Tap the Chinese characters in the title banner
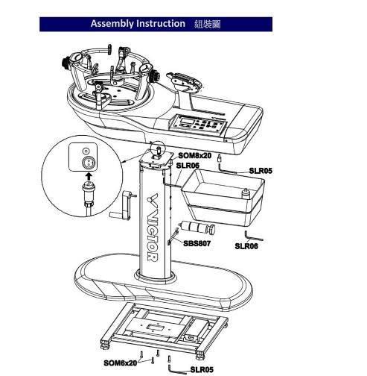pos(208,24)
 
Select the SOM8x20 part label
pos(195,156)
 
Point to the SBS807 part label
pos(197,243)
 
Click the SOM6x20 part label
pos(120,363)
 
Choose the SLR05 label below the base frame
pos(202,369)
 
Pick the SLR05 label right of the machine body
pos(261,171)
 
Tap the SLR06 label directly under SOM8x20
pos(188,166)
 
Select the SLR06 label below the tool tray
pos(246,246)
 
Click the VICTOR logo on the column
pos(153,227)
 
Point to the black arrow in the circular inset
pos(89,177)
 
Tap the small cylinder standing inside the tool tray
pos(246,193)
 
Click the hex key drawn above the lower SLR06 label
pos(252,237)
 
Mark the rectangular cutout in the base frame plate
pos(156,328)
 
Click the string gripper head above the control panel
pos(184,81)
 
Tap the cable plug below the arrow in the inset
pos(89,195)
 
